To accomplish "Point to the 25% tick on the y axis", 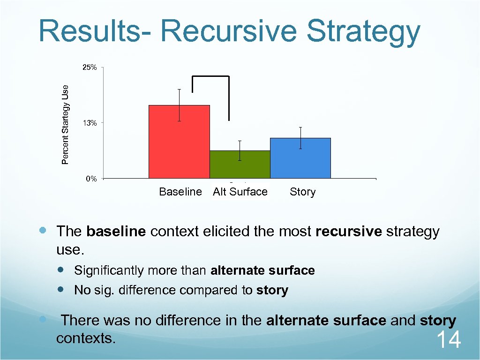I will [90, 67].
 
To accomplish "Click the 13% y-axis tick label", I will [90, 123].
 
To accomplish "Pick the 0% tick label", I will [91, 179].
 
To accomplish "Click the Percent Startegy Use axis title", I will [66, 124].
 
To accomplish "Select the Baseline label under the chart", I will [180, 192].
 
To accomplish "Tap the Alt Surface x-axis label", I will [240, 192].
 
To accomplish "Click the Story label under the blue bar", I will [302, 192].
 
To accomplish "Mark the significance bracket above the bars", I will [210, 76].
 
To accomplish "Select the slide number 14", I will [449, 340].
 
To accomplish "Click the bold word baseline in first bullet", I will [116, 232].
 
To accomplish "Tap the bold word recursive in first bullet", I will [349, 232].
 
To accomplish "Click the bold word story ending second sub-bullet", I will [272, 290].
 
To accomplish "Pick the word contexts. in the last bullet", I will [85, 337].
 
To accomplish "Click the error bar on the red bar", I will [179, 105].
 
